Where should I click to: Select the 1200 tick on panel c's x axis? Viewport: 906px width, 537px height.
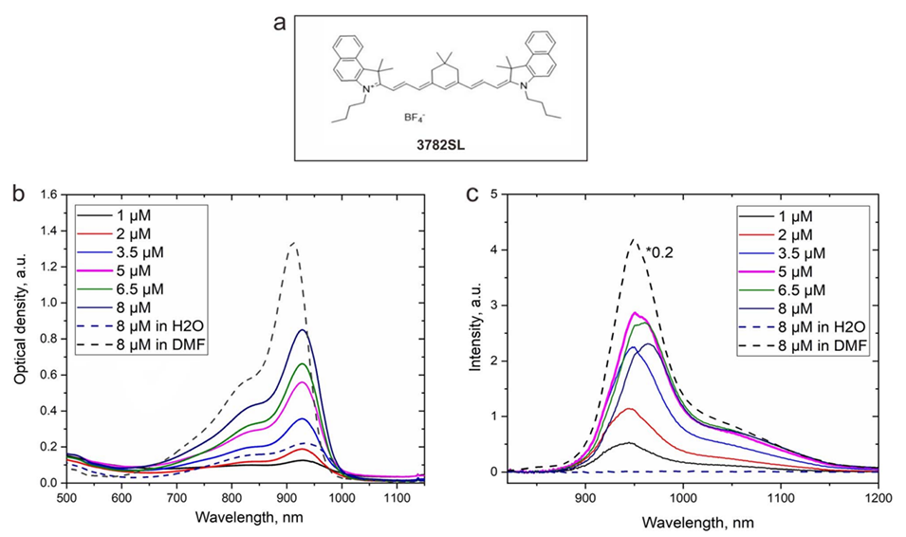tap(878, 496)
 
